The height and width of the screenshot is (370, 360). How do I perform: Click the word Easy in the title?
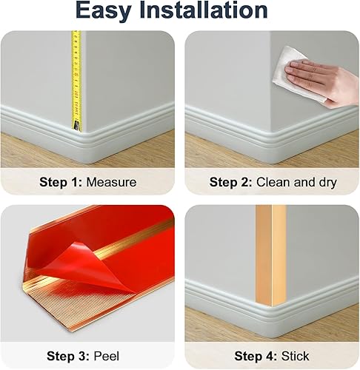[x=110, y=11]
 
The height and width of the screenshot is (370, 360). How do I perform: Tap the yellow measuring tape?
[x=76, y=74]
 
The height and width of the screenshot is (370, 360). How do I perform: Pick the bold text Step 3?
[x=66, y=356]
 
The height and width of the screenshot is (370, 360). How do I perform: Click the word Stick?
[x=296, y=356]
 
